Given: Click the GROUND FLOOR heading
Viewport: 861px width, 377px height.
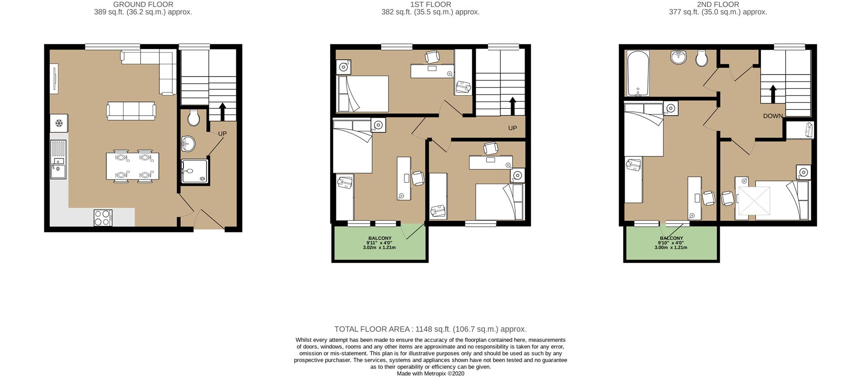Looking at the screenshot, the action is tap(143, 4).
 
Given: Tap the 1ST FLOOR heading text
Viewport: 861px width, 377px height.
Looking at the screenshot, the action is tap(430, 4).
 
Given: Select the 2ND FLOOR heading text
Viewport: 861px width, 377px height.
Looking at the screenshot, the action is tap(717, 4).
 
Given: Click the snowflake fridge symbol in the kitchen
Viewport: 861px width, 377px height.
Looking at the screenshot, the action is tap(59, 123).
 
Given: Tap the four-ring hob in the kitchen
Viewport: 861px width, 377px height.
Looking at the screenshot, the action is tap(103, 218).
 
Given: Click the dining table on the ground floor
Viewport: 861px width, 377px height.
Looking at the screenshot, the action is tap(132, 166).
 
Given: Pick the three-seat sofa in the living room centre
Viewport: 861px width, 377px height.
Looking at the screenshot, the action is tap(131, 111).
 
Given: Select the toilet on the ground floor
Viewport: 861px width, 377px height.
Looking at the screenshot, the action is tap(194, 118).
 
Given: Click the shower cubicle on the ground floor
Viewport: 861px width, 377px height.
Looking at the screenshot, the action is tap(195, 171).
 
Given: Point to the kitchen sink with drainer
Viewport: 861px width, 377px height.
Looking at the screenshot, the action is tap(58, 159).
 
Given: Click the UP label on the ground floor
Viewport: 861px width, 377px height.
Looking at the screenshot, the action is tap(222, 134).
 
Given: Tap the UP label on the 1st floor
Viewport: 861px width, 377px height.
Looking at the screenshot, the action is tap(513, 128).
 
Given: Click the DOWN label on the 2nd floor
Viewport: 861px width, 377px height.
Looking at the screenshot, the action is tap(773, 116).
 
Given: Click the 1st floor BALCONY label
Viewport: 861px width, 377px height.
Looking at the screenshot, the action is tap(380, 238).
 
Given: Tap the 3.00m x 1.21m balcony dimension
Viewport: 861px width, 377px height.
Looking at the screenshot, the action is tap(671, 248).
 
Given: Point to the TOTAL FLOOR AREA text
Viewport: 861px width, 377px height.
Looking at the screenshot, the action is tap(430, 329).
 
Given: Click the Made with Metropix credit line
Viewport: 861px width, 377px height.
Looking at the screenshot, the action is tap(430, 373).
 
